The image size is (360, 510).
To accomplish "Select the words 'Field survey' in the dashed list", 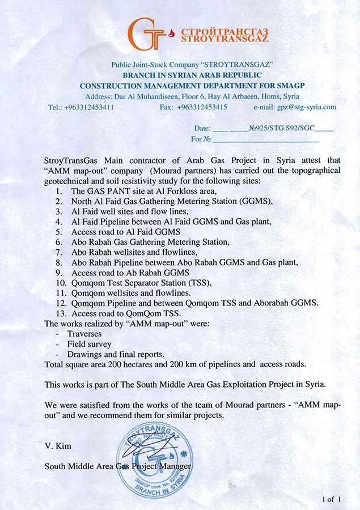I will pyautogui.click(x=90, y=344).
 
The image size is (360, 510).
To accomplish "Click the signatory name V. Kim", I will pyautogui.click(x=56, y=445).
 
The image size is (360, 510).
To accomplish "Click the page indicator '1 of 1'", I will pyautogui.click(x=331, y=499).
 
